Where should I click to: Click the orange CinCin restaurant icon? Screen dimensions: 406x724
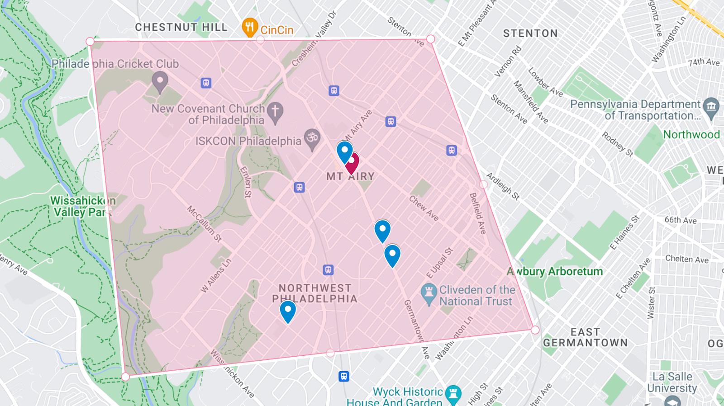click(249, 28)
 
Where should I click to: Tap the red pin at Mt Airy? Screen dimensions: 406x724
click(352, 162)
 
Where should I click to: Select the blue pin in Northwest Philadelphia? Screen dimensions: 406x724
click(288, 311)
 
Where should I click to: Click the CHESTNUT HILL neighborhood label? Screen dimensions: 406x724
click(181, 27)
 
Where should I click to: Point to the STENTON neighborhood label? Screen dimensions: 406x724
click(530, 33)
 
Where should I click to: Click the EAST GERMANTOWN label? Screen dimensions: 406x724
click(585, 337)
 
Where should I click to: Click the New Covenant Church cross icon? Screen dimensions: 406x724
click(275, 113)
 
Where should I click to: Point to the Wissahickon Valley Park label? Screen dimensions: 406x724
click(82, 206)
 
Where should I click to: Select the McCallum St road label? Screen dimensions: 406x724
click(205, 224)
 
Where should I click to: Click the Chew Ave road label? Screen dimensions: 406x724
click(424, 208)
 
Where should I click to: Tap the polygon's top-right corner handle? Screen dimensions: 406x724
click(430, 39)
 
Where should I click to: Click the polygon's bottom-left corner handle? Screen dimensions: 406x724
click(125, 377)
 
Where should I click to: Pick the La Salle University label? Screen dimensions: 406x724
click(672, 382)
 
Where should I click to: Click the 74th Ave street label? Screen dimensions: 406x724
click(704, 62)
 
